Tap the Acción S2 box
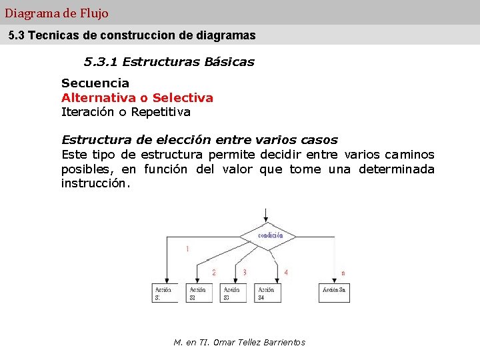click(197, 293)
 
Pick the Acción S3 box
click(231, 293)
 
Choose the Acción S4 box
click(266, 293)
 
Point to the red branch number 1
click(187, 249)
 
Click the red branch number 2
click(213, 272)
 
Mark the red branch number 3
click(245, 272)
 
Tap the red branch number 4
click(285, 272)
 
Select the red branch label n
click(343, 273)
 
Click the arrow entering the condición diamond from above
click(266, 215)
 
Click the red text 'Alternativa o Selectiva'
click(137, 98)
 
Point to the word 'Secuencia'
click(95, 83)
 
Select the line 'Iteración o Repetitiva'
click(126, 112)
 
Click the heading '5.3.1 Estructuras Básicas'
click(169, 62)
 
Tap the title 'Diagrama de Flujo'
click(57, 13)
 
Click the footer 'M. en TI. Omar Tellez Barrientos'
click(239, 342)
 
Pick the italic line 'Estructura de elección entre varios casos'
click(199, 140)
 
